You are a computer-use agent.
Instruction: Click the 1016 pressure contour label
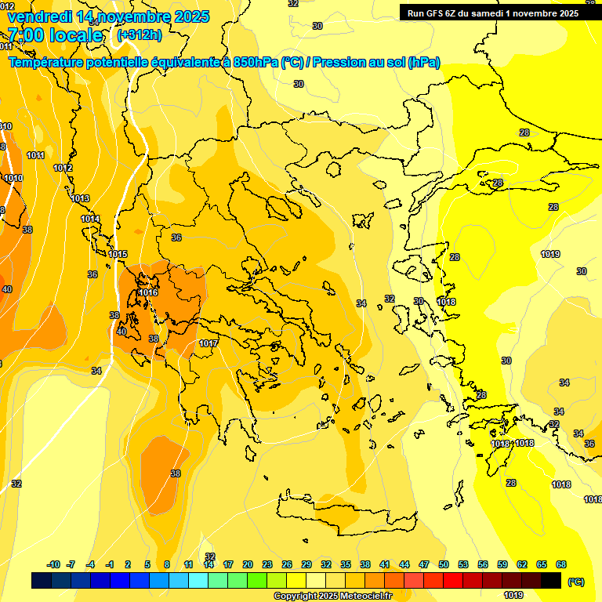point(148,292)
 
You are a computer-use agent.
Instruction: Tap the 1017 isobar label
point(209,343)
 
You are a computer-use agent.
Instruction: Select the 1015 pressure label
point(118,254)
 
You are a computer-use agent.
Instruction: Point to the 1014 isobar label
point(90,219)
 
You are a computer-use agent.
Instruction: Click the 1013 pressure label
point(80,198)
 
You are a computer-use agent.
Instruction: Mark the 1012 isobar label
point(63,168)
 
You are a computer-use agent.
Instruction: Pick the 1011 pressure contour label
point(35,155)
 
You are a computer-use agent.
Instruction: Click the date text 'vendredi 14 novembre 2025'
point(108,16)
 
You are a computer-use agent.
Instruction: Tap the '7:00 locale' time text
point(55,35)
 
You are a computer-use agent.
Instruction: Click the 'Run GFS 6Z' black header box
point(492,13)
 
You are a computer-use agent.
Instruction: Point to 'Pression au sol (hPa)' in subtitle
point(376,62)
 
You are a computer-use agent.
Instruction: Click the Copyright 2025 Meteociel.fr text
point(332,596)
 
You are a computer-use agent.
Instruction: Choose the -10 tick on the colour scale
point(53,564)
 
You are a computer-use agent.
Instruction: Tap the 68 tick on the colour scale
point(561,564)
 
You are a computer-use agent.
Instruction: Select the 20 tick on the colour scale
point(248,564)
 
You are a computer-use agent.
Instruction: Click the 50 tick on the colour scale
point(444,564)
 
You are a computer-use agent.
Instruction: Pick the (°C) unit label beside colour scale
point(576,582)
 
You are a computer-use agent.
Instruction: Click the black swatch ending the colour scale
point(551,580)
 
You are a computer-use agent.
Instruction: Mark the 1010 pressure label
point(13,178)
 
